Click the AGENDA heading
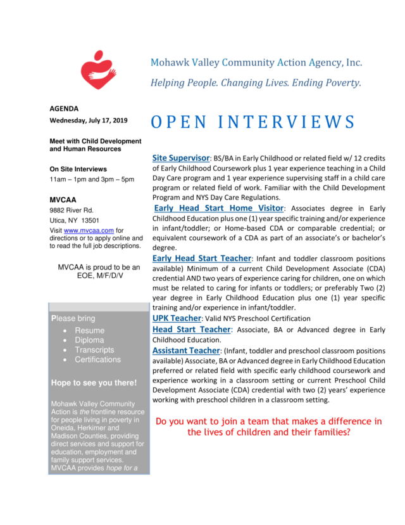(x=64, y=108)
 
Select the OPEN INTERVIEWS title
(x=252, y=122)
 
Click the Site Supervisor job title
(x=181, y=157)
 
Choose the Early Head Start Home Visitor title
(x=219, y=208)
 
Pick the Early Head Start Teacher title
(x=201, y=258)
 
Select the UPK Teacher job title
(x=177, y=318)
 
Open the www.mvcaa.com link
(x=79, y=230)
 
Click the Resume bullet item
(x=90, y=330)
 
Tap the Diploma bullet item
(x=89, y=340)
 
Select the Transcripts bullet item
(x=94, y=349)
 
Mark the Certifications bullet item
(x=97, y=360)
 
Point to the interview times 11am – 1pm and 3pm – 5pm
(x=92, y=179)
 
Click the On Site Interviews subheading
(x=78, y=169)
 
